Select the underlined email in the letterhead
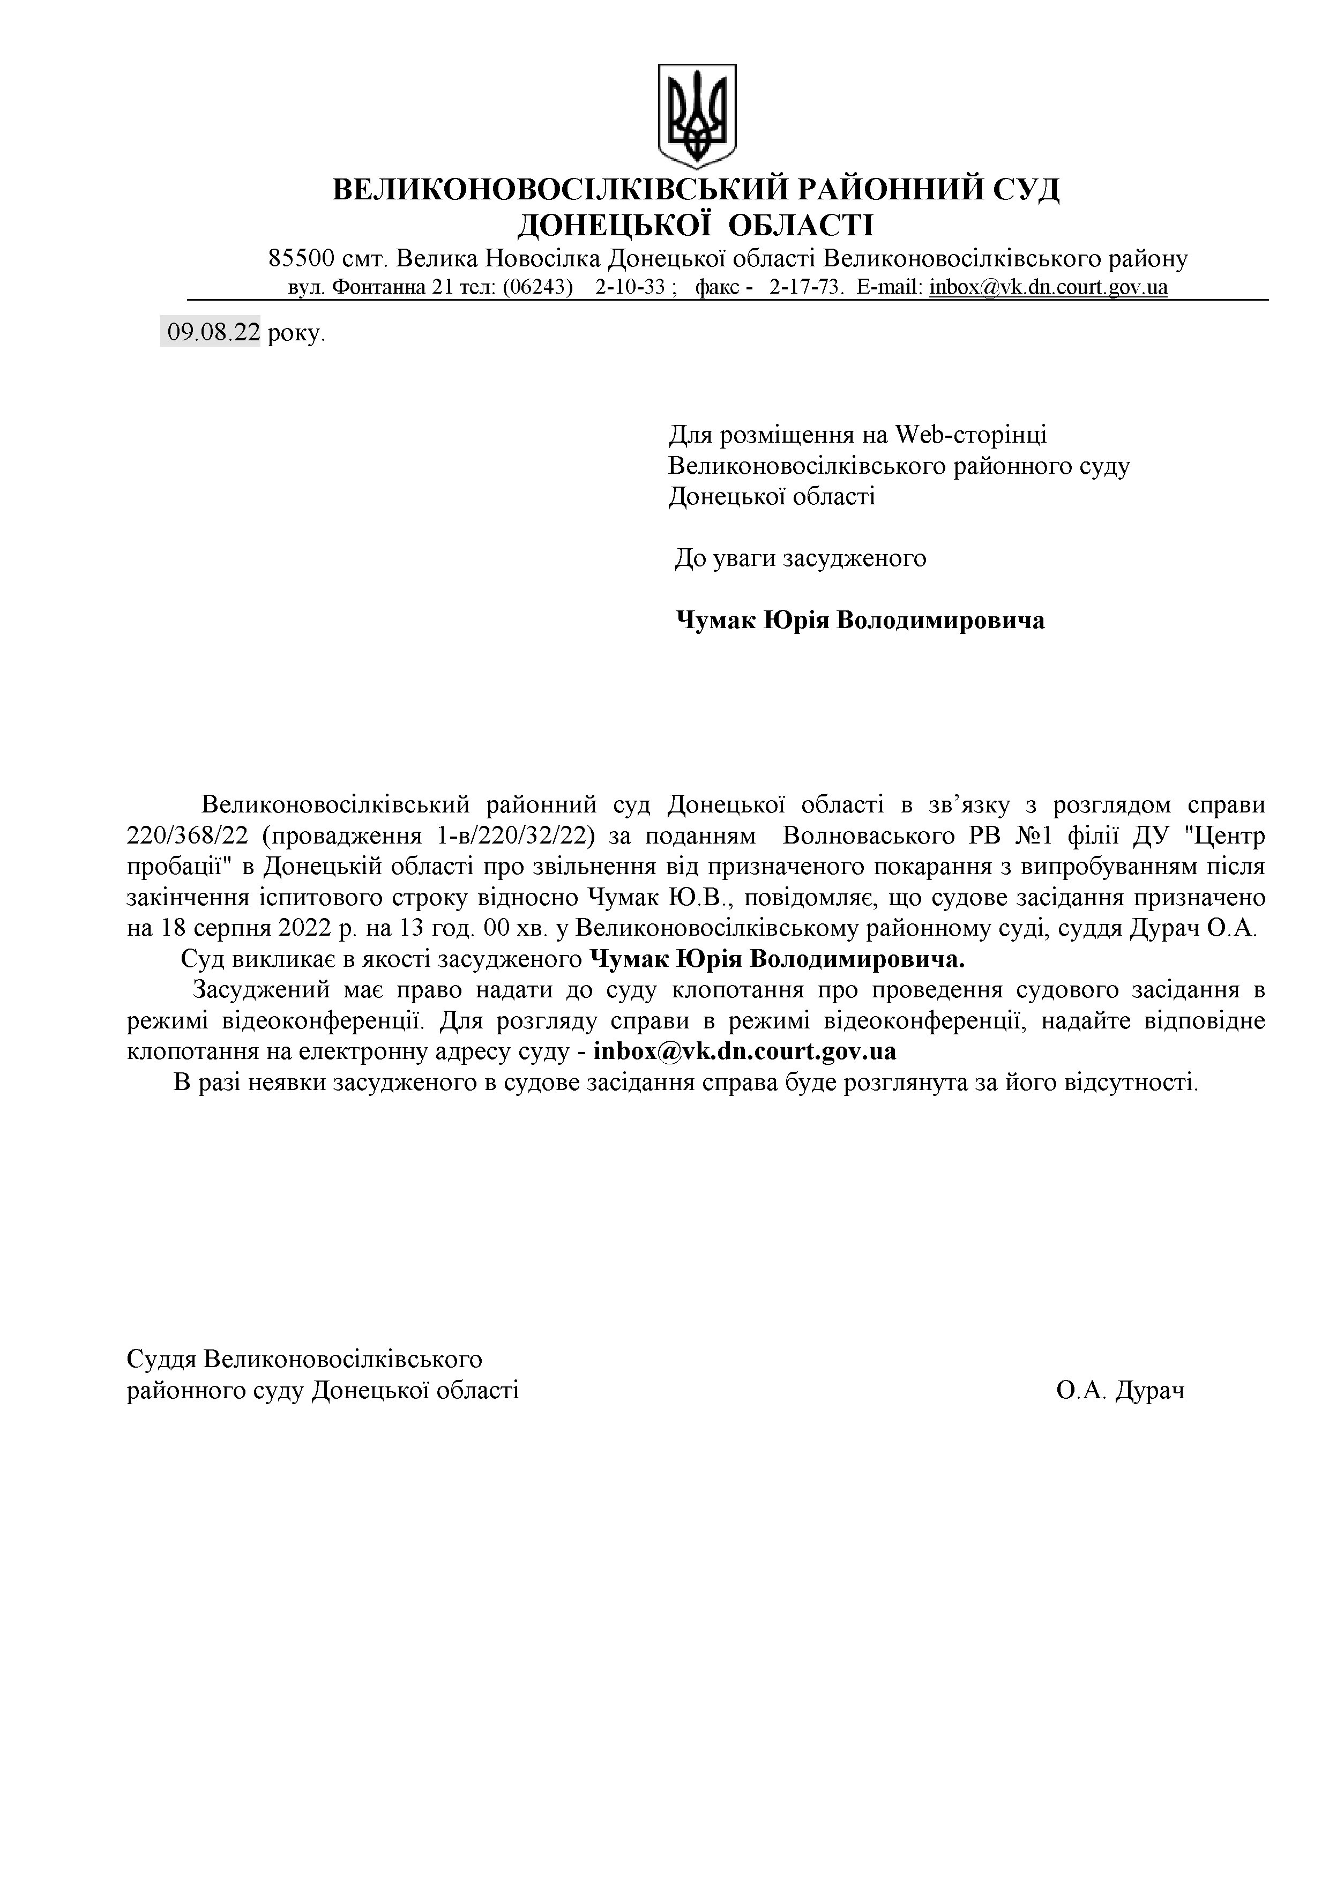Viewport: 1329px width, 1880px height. coord(1048,287)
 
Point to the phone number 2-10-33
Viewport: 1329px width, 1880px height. coord(630,287)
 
